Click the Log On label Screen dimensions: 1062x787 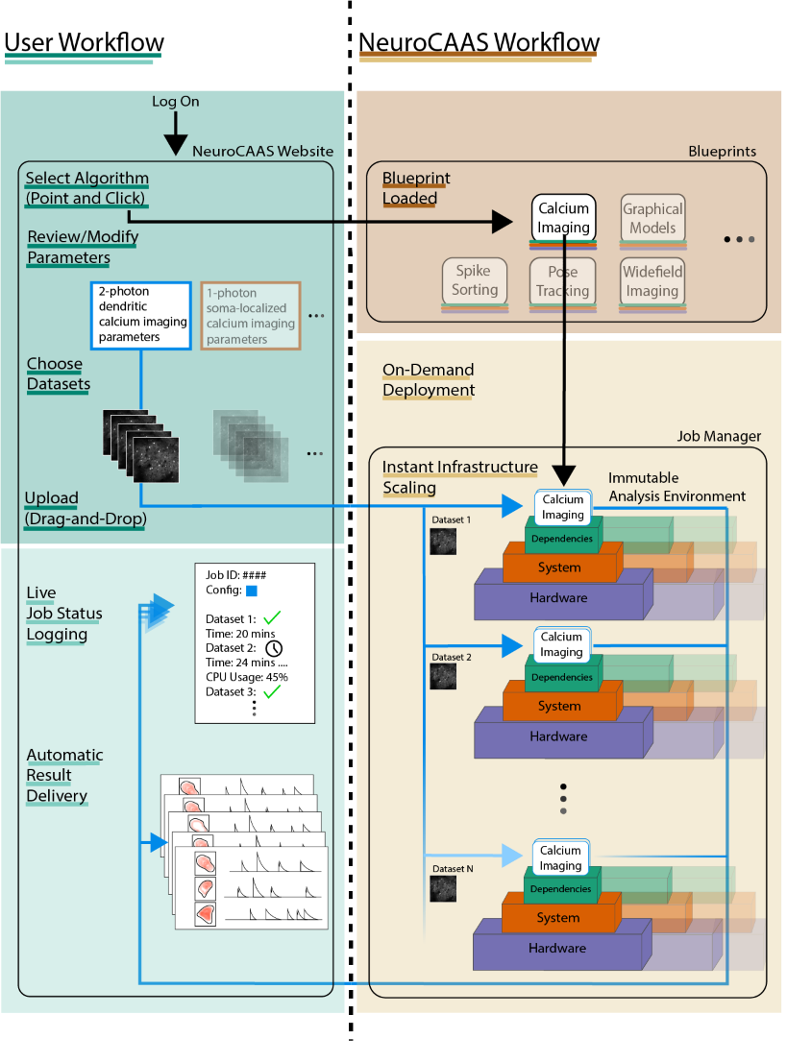point(176,102)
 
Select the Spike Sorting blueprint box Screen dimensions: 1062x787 point(475,281)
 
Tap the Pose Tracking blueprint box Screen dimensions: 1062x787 point(562,281)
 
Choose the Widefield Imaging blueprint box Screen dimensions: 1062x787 point(652,281)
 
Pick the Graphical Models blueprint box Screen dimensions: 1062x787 point(652,218)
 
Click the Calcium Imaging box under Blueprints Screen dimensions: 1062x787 point(563,218)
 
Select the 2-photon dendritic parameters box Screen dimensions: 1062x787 point(142,314)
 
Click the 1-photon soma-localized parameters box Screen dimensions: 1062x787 point(251,314)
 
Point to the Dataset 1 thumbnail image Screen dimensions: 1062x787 point(442,541)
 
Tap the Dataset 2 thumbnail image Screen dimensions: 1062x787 point(442,678)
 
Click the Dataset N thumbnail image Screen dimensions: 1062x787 point(442,888)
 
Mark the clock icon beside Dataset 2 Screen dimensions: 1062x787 point(274,650)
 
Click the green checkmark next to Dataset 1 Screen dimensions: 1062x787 point(272,618)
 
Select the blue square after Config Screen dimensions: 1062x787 point(252,591)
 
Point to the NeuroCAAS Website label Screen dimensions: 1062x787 point(262,152)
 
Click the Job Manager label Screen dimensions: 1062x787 point(719,437)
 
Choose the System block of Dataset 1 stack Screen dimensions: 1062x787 point(559,567)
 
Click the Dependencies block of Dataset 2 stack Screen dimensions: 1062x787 point(562,677)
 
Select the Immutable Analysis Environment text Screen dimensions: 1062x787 point(676,487)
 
